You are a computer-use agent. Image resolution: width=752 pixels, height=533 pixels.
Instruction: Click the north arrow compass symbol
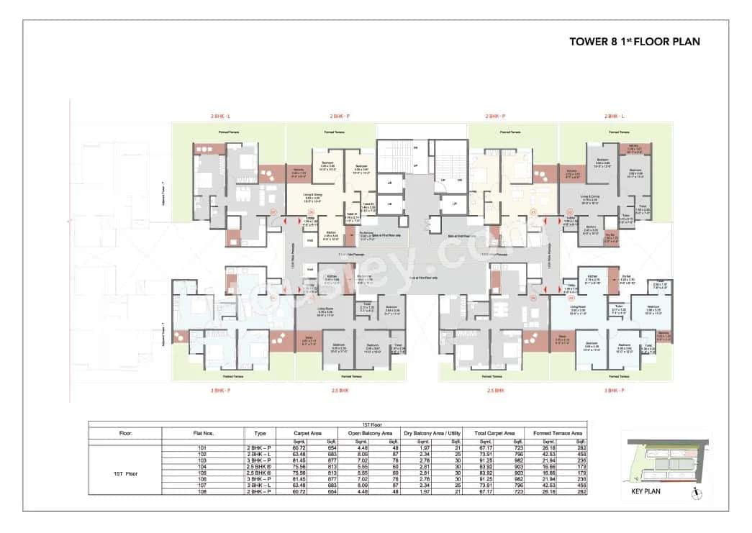click(x=694, y=493)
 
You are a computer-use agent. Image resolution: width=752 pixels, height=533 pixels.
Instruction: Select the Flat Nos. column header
click(x=203, y=434)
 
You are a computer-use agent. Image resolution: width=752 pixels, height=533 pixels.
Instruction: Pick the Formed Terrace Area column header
click(x=558, y=434)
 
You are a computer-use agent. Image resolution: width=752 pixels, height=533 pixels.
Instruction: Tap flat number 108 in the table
click(x=203, y=492)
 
